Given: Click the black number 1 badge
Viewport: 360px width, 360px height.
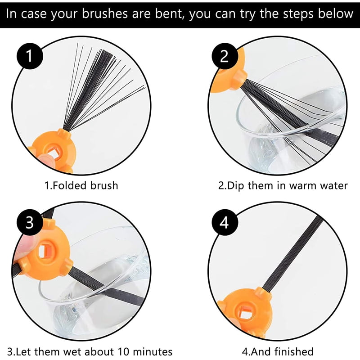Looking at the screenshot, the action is [x=30, y=56].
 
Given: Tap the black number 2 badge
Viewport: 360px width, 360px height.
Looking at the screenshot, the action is [x=224, y=56].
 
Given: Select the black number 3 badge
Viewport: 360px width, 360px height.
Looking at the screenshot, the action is [x=30, y=222].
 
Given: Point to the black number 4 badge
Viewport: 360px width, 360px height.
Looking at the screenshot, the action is [x=224, y=222].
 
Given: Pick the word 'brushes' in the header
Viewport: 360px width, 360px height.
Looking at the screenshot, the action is [x=105, y=13].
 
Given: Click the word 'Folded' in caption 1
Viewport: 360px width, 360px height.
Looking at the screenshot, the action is [x=69, y=185].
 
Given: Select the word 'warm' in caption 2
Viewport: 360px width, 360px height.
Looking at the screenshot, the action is [x=302, y=186].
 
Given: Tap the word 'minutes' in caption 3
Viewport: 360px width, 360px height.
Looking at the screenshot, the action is [x=153, y=352].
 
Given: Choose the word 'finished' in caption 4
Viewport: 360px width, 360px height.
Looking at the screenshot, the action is [x=294, y=351].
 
